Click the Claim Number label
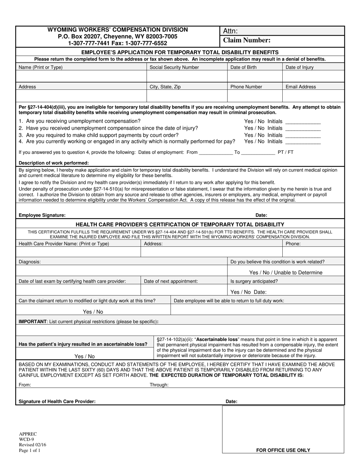[x=247, y=40]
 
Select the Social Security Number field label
[x=174, y=67]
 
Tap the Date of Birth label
[x=243, y=67]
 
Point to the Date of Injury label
[x=299, y=67]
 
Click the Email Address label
[x=301, y=87]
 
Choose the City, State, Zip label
[x=165, y=87]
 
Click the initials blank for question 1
[x=302, y=122]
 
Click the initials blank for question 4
[x=302, y=142]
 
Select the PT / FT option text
[x=285, y=152]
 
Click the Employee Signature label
[x=42, y=215]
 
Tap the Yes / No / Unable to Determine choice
[x=286, y=272]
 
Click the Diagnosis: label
[x=30, y=261]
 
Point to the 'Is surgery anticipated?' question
[x=254, y=281]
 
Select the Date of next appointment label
[x=171, y=281]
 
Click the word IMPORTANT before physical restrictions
[x=32, y=322]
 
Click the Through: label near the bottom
[x=159, y=385]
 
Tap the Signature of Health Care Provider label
[x=57, y=402]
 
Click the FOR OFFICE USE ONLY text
[x=283, y=450]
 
